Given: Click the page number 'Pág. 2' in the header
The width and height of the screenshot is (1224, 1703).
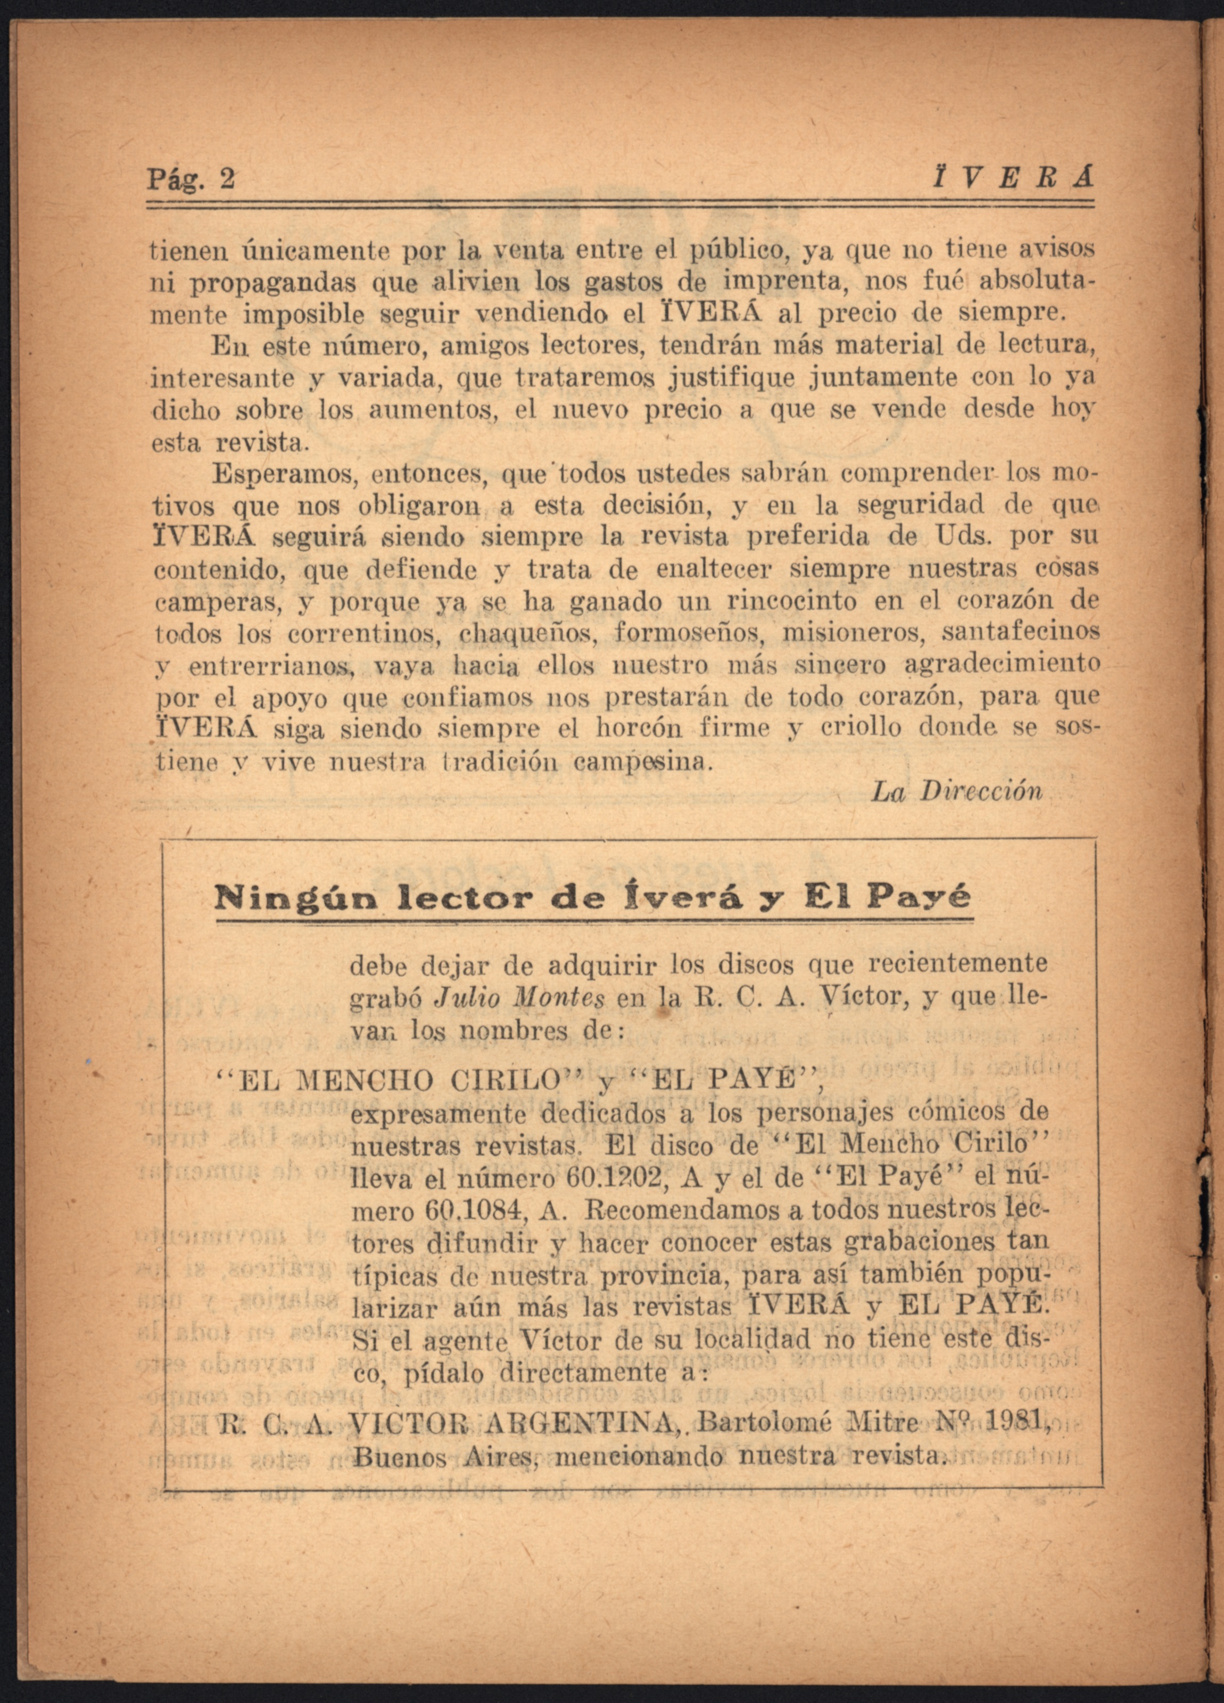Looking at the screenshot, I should pos(191,180).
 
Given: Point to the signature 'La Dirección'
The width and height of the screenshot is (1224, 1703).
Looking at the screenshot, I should pos(957,791).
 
